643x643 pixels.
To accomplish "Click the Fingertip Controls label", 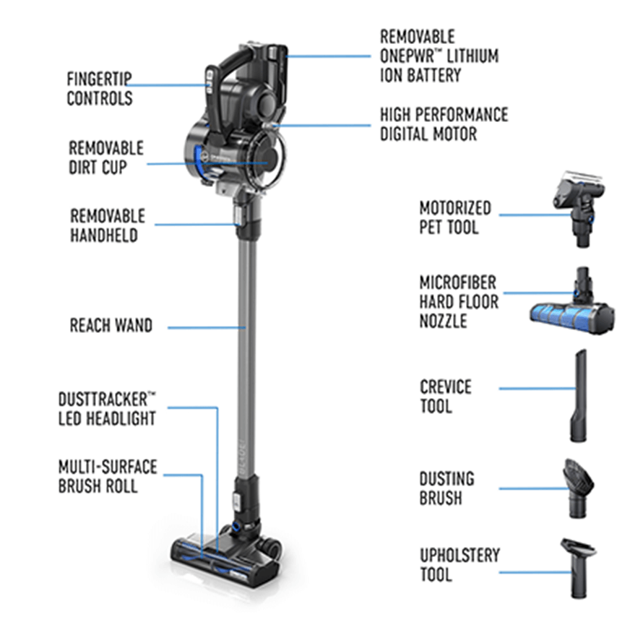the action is click(99, 89).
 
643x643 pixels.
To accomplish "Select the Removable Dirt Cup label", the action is click(105, 157).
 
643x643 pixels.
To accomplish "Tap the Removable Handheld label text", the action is click(108, 225).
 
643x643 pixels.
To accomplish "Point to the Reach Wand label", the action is click(111, 325).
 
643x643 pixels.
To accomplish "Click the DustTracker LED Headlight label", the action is click(107, 409).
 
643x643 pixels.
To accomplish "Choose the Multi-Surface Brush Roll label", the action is click(108, 476).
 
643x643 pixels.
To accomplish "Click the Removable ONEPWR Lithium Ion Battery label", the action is click(439, 56).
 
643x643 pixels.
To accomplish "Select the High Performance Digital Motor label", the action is click(444, 124).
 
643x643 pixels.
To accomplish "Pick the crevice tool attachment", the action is click(578, 396).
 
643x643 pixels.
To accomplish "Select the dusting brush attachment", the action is click(578, 488).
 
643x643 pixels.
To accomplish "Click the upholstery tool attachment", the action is click(579, 567).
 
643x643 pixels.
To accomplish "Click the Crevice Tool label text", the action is click(445, 397).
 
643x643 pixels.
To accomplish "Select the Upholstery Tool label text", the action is click(459, 565).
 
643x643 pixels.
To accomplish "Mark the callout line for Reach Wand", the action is click(207, 328).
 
